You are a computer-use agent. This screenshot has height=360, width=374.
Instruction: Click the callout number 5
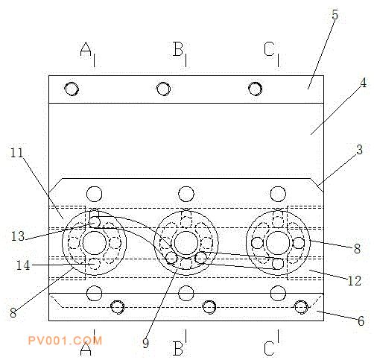pyautogui.click(x=335, y=15)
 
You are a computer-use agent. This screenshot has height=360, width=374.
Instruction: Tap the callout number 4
pyautogui.click(x=363, y=83)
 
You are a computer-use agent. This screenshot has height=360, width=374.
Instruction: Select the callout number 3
pyautogui.click(x=359, y=150)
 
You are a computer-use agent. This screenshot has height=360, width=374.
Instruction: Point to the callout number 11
pyautogui.click(x=16, y=153)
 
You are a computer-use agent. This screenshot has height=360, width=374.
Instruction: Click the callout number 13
pyautogui.click(x=18, y=236)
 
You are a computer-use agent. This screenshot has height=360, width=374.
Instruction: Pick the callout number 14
pyautogui.click(x=23, y=265)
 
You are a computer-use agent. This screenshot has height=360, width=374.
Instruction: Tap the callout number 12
pyautogui.click(x=355, y=281)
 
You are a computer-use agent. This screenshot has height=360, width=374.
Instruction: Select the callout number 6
pyautogui.click(x=361, y=321)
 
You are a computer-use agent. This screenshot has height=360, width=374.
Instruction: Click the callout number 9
pyautogui.click(x=146, y=344)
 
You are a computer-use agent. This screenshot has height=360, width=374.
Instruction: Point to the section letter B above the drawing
pyautogui.click(x=178, y=48)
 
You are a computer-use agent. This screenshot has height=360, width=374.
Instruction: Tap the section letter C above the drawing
pyautogui.click(x=269, y=48)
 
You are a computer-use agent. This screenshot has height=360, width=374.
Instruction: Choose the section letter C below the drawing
pyautogui.click(x=269, y=349)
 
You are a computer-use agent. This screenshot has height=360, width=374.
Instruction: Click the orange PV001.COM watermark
pyautogui.click(x=65, y=341)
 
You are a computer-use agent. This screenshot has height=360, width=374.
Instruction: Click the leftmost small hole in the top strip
pyautogui.click(x=72, y=89)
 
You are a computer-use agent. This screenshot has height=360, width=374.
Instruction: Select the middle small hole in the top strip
pyautogui.click(x=163, y=89)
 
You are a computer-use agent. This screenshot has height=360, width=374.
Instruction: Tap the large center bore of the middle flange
pyautogui.click(x=186, y=243)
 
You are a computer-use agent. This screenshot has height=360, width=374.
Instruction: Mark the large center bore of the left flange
pyautogui.click(x=95, y=243)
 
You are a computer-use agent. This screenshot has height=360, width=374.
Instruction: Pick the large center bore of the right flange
pyautogui.click(x=278, y=243)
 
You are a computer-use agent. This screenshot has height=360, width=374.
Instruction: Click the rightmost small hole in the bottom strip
pyautogui.click(x=301, y=307)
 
